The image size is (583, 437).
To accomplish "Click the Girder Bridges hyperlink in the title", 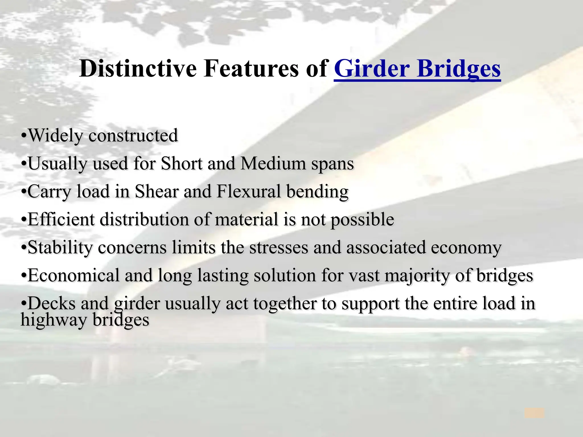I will point(417,69).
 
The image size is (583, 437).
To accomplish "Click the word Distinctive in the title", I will point(138,69).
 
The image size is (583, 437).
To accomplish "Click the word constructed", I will point(133,135).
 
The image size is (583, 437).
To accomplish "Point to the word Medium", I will point(273,164).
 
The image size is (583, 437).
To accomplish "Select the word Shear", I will point(156,191).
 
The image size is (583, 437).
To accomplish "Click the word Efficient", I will point(61,219).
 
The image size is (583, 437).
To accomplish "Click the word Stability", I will point(60,248).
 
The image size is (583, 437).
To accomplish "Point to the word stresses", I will point(279,248).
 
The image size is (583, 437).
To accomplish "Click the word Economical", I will point(73,275).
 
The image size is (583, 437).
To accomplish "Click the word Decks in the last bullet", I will point(52,303).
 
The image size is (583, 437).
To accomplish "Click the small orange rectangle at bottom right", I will point(534,413).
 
